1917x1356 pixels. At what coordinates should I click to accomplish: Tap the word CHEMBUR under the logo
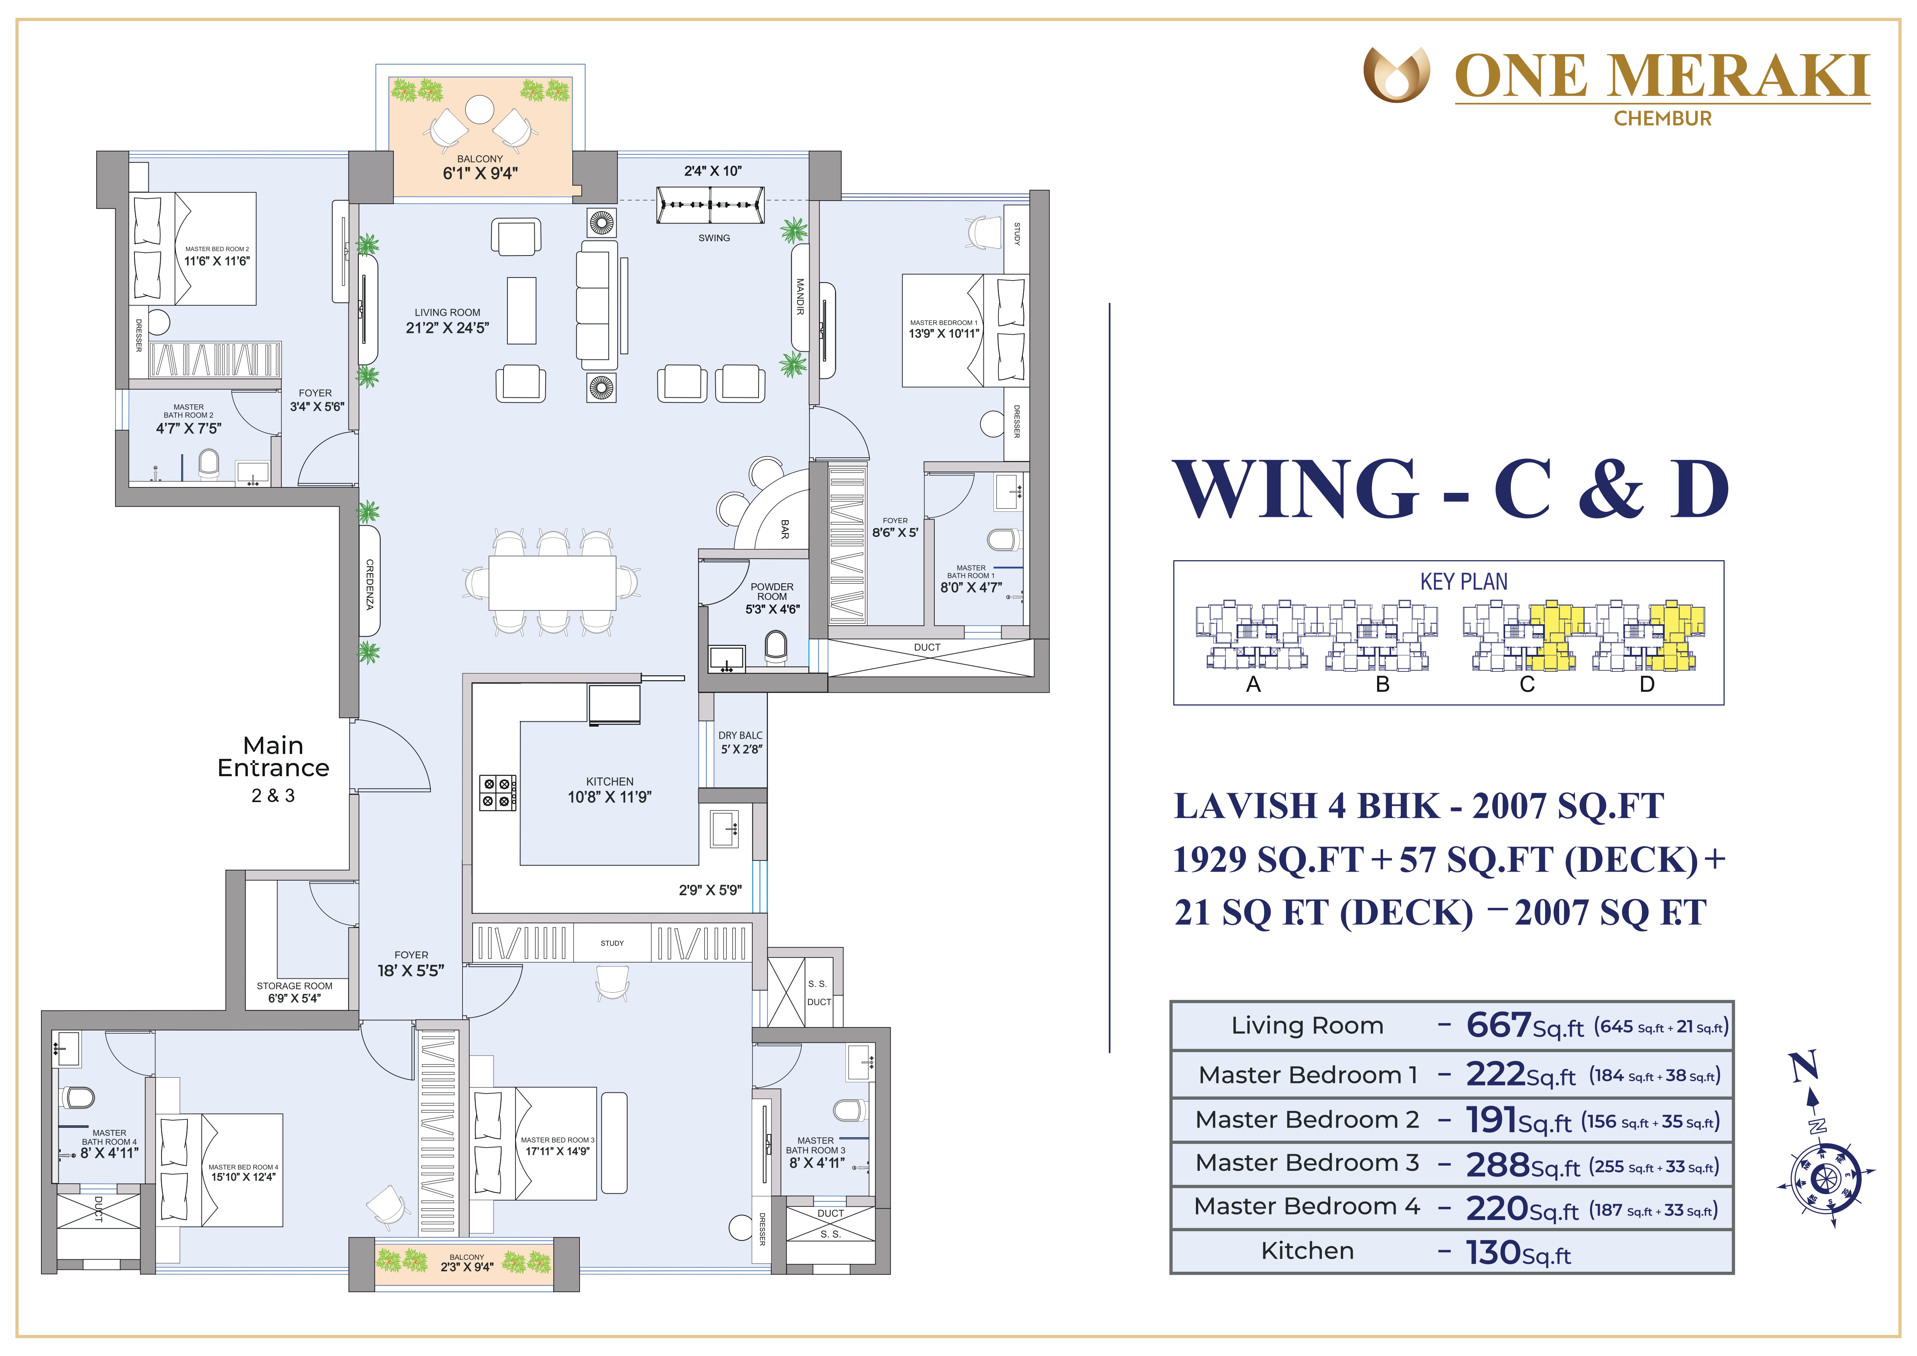click(1662, 119)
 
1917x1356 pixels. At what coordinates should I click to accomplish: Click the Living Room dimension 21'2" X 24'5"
click(447, 328)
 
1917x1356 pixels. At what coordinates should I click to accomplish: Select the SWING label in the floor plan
click(714, 238)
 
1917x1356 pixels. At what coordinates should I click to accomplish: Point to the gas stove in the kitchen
click(498, 792)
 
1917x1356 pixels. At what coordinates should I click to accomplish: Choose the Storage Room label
click(294, 986)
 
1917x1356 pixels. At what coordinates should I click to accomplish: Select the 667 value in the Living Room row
click(1499, 1026)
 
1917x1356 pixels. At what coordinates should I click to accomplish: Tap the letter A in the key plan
click(1253, 685)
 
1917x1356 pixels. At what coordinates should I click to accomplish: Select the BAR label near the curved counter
click(784, 528)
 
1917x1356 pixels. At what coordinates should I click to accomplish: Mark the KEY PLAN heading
click(1464, 582)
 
